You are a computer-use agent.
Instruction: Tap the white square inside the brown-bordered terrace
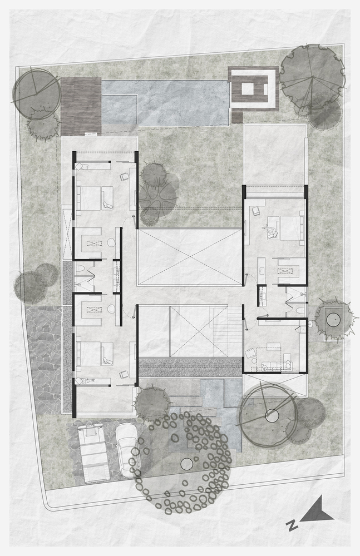250,88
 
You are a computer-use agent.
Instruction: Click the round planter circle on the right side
334,321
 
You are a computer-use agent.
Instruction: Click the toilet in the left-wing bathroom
80,270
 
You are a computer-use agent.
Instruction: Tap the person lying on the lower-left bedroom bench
87,381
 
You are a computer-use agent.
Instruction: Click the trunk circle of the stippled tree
186,463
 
